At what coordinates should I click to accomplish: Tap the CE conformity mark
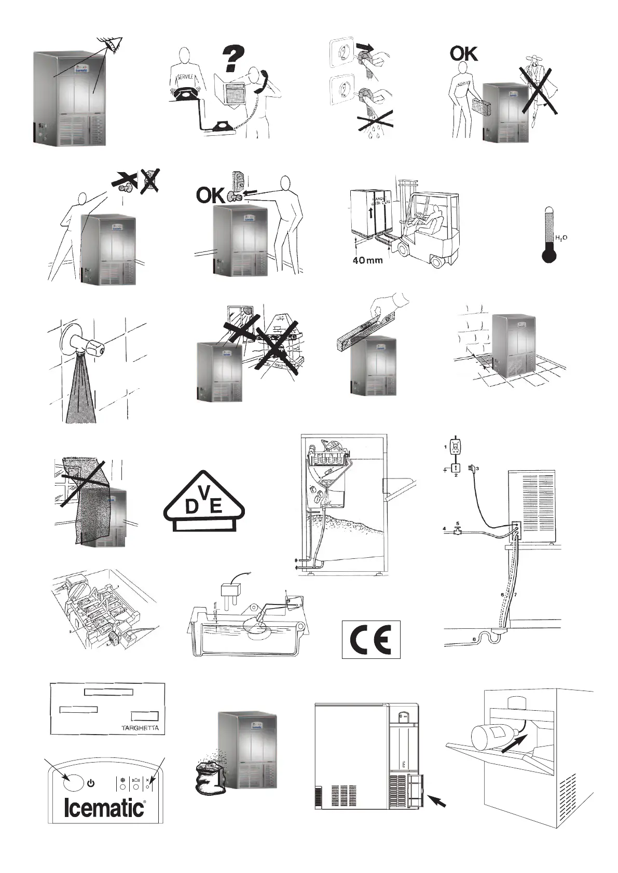click(x=371, y=639)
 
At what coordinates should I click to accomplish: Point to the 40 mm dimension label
click(x=367, y=260)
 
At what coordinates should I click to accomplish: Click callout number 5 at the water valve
click(x=458, y=523)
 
